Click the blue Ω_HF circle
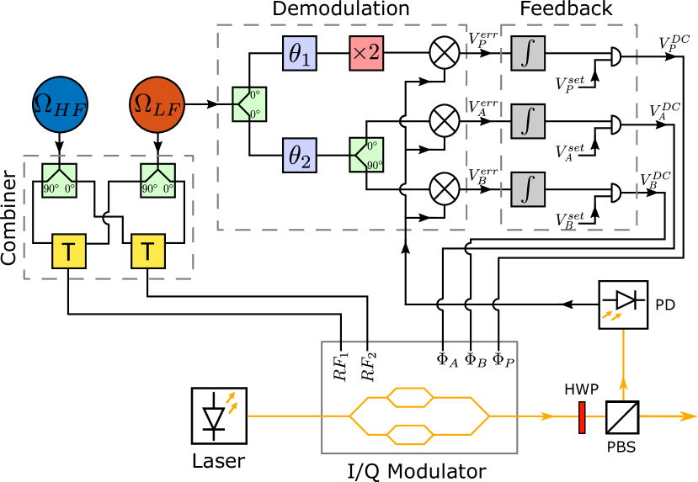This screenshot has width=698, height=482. (60, 104)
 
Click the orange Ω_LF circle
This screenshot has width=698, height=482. (157, 104)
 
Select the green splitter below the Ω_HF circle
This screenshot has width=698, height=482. (60, 180)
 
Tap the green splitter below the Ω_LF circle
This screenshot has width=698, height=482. (157, 180)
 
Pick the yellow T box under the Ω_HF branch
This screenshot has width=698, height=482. (69, 251)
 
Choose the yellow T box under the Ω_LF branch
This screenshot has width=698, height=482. (148, 251)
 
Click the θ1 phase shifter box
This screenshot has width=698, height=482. (299, 54)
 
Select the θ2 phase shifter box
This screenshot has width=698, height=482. (299, 156)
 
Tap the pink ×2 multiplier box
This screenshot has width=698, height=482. (366, 53)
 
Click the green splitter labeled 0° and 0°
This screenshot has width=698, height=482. (249, 104)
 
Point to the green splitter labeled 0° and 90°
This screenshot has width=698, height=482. (366, 155)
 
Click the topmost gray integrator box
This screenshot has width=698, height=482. (528, 54)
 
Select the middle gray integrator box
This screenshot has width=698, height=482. (528, 121)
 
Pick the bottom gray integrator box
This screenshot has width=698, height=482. (528, 189)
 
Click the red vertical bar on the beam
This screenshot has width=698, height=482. (582, 417)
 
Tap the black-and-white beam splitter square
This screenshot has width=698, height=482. (622, 417)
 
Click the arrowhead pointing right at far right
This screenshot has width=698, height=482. (690, 416)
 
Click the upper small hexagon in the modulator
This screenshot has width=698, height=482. (410, 395)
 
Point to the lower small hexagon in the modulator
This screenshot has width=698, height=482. (410, 435)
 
